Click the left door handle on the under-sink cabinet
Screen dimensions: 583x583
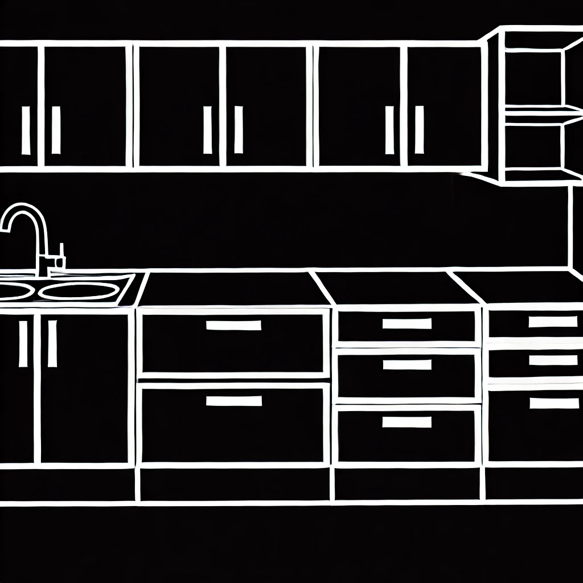pos(23,343)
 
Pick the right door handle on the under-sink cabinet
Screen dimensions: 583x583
pos(52,343)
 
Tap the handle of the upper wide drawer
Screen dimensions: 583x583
pos(233,326)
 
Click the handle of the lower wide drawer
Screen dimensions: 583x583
pos(233,401)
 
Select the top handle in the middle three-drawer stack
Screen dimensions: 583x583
pos(407,323)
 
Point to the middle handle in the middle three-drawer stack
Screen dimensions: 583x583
pos(407,364)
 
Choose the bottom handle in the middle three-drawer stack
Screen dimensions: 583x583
pos(407,422)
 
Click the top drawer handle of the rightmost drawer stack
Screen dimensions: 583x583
pos(545,322)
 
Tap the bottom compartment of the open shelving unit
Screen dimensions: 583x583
pos(533,149)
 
